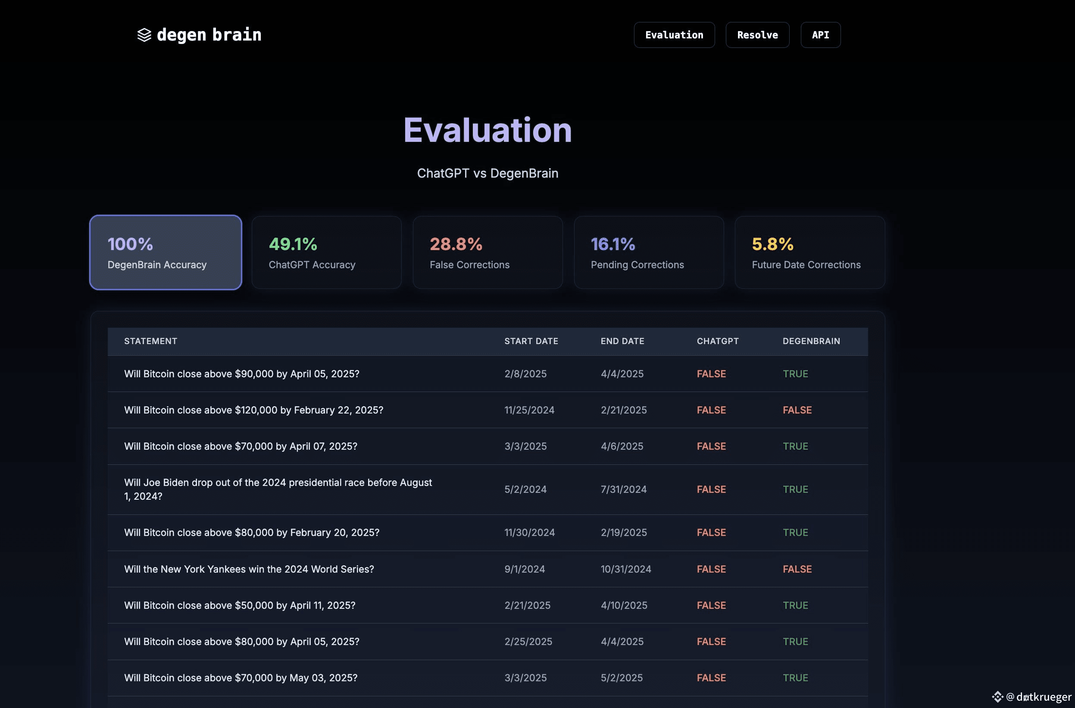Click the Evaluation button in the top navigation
pyautogui.click(x=674, y=35)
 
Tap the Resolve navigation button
pyautogui.click(x=757, y=35)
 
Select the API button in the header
pyautogui.click(x=820, y=35)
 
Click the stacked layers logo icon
pyautogui.click(x=144, y=35)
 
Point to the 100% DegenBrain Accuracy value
pyautogui.click(x=130, y=244)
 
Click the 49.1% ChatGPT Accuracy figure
pyautogui.click(x=293, y=244)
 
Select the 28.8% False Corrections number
pyautogui.click(x=456, y=244)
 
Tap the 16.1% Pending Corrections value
pyautogui.click(x=613, y=244)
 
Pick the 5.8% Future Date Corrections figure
pyautogui.click(x=772, y=244)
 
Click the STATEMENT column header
pyautogui.click(x=150, y=341)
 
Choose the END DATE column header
pyautogui.click(x=622, y=341)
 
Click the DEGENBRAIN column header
pyautogui.click(x=811, y=341)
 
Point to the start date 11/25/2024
pyautogui.click(x=529, y=410)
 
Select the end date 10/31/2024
pyautogui.click(x=625, y=569)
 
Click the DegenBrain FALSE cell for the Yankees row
pyautogui.click(x=797, y=569)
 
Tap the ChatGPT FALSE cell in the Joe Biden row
pyautogui.click(x=711, y=489)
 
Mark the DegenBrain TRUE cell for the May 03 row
pyautogui.click(x=795, y=678)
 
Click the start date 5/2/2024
pyautogui.click(x=525, y=489)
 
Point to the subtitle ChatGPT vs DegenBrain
pyautogui.click(x=487, y=173)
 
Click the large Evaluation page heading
pyautogui.click(x=487, y=130)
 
